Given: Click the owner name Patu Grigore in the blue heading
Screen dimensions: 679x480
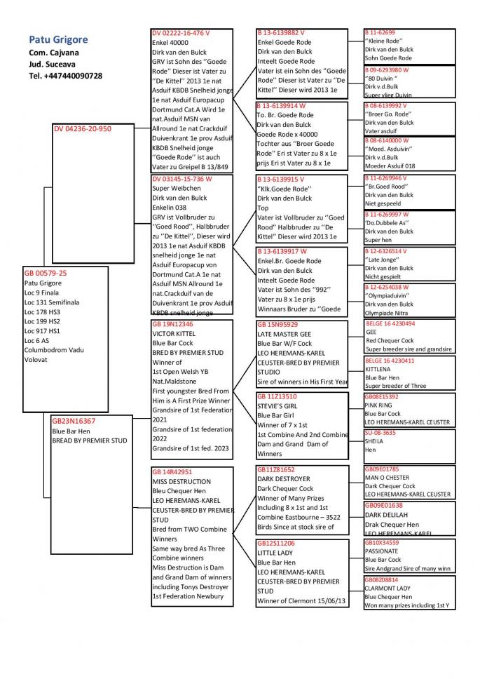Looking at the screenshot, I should click(58, 40).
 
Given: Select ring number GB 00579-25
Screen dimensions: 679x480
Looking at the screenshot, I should click(46, 273).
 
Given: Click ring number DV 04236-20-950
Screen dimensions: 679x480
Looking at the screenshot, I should click(83, 128).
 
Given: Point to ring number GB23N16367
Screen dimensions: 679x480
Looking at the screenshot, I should click(74, 422).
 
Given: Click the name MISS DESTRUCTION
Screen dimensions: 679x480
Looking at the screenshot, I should click(181, 482).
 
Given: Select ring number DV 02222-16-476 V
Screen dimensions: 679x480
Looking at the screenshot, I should click(181, 33).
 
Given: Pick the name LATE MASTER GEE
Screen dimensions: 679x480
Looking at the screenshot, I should click(284, 335).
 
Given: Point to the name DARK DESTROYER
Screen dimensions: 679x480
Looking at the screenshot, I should click(284, 479).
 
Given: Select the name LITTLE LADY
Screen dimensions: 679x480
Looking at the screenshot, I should click(275, 553).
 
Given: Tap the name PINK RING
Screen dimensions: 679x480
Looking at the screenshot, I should click(379, 405).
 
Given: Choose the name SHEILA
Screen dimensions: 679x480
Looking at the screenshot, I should click(375, 441).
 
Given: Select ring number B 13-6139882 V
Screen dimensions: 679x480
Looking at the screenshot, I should click(281, 33).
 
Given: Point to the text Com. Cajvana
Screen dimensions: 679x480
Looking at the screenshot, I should click(54, 53).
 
